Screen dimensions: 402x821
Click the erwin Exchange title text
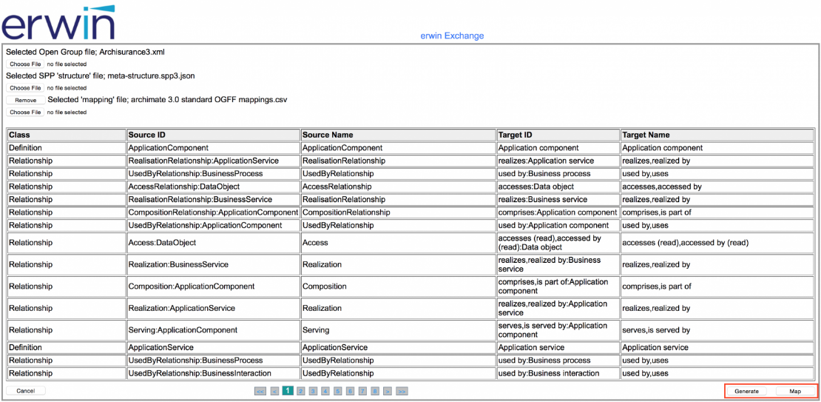tap(452, 36)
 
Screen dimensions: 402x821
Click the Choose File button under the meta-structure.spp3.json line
tap(25, 88)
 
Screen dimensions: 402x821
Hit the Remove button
tap(25, 100)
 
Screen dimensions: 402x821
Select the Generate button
tap(746, 391)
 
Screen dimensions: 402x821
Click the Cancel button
tap(26, 391)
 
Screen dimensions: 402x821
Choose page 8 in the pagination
tap(375, 391)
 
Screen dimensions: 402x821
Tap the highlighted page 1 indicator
tap(288, 391)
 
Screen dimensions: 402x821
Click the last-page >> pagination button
tap(402, 391)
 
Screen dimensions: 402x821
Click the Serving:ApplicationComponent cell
tap(183, 330)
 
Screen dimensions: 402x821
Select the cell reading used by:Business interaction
tap(549, 373)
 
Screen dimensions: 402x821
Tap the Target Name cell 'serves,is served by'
tap(656, 330)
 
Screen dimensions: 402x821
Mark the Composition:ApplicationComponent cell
tap(192, 287)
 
